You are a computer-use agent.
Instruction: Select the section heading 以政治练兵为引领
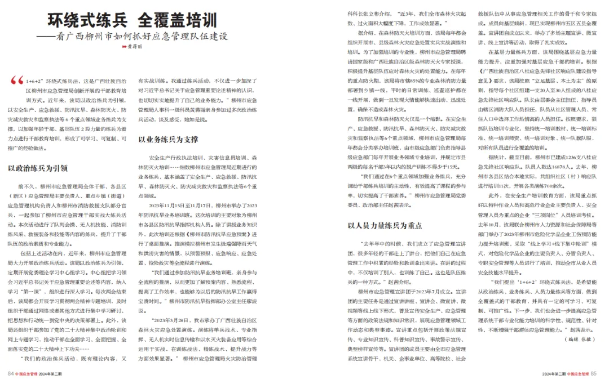[38, 168]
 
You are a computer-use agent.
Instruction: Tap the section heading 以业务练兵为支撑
[168, 139]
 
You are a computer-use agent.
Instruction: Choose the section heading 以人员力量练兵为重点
[385, 225]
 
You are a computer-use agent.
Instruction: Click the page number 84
[10, 373]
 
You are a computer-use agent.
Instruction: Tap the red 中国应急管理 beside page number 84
[27, 373]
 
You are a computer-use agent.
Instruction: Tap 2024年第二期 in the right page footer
[554, 373]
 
